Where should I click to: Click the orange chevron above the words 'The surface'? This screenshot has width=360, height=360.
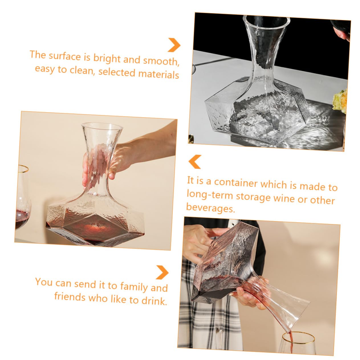[174, 44]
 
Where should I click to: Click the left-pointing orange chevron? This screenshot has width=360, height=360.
[195, 162]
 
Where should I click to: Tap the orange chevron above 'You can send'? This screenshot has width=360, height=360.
[162, 272]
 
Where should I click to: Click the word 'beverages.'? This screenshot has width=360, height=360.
[210, 208]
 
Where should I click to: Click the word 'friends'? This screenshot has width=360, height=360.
[70, 296]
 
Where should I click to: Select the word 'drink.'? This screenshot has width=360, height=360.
[154, 301]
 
